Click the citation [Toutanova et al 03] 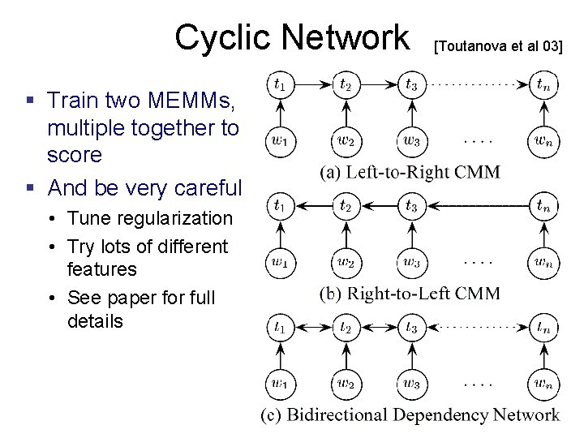click(498, 45)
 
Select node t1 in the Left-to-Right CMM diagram click(280, 84)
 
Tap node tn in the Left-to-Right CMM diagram click(543, 84)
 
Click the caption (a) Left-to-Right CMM click(410, 171)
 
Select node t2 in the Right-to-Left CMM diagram click(346, 205)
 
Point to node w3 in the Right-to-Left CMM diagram click(412, 262)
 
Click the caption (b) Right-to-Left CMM click(410, 293)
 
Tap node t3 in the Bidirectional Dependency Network click(412, 328)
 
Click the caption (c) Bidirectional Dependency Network click(410, 415)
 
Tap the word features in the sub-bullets click(102, 268)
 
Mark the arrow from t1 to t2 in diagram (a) click(312, 84)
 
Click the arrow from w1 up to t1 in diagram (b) click(280, 234)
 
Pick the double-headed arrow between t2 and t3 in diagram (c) click(379, 328)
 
